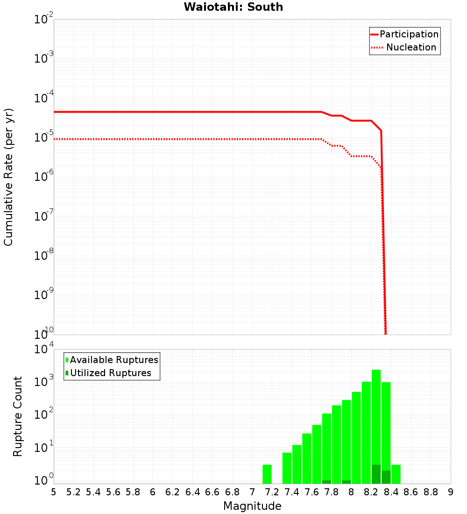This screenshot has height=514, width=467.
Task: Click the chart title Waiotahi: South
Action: pos(233,7)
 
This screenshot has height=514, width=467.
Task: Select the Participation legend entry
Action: pos(409,34)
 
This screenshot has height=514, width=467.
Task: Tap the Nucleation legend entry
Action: pos(410,47)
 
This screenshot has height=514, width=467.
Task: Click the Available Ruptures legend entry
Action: pos(114,360)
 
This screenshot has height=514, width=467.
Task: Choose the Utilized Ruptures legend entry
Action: pos(110,373)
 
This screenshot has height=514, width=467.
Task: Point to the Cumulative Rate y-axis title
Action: pos(8,177)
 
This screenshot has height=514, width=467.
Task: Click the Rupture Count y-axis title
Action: pos(18,416)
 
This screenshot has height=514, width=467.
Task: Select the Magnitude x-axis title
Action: pos(252,506)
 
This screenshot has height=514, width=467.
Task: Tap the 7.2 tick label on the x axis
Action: pos(272,492)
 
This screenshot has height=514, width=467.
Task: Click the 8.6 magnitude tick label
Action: pos(411,492)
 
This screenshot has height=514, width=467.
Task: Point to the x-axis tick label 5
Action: pos(54,492)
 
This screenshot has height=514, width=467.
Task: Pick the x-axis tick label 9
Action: pos(451,492)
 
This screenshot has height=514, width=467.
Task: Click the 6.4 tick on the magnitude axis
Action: pos(193,492)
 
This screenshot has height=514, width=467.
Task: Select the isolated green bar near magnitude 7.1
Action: pos(267,474)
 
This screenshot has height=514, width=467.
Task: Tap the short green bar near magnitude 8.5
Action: pos(396,474)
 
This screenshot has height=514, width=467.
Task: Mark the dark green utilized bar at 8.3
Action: pos(386,477)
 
